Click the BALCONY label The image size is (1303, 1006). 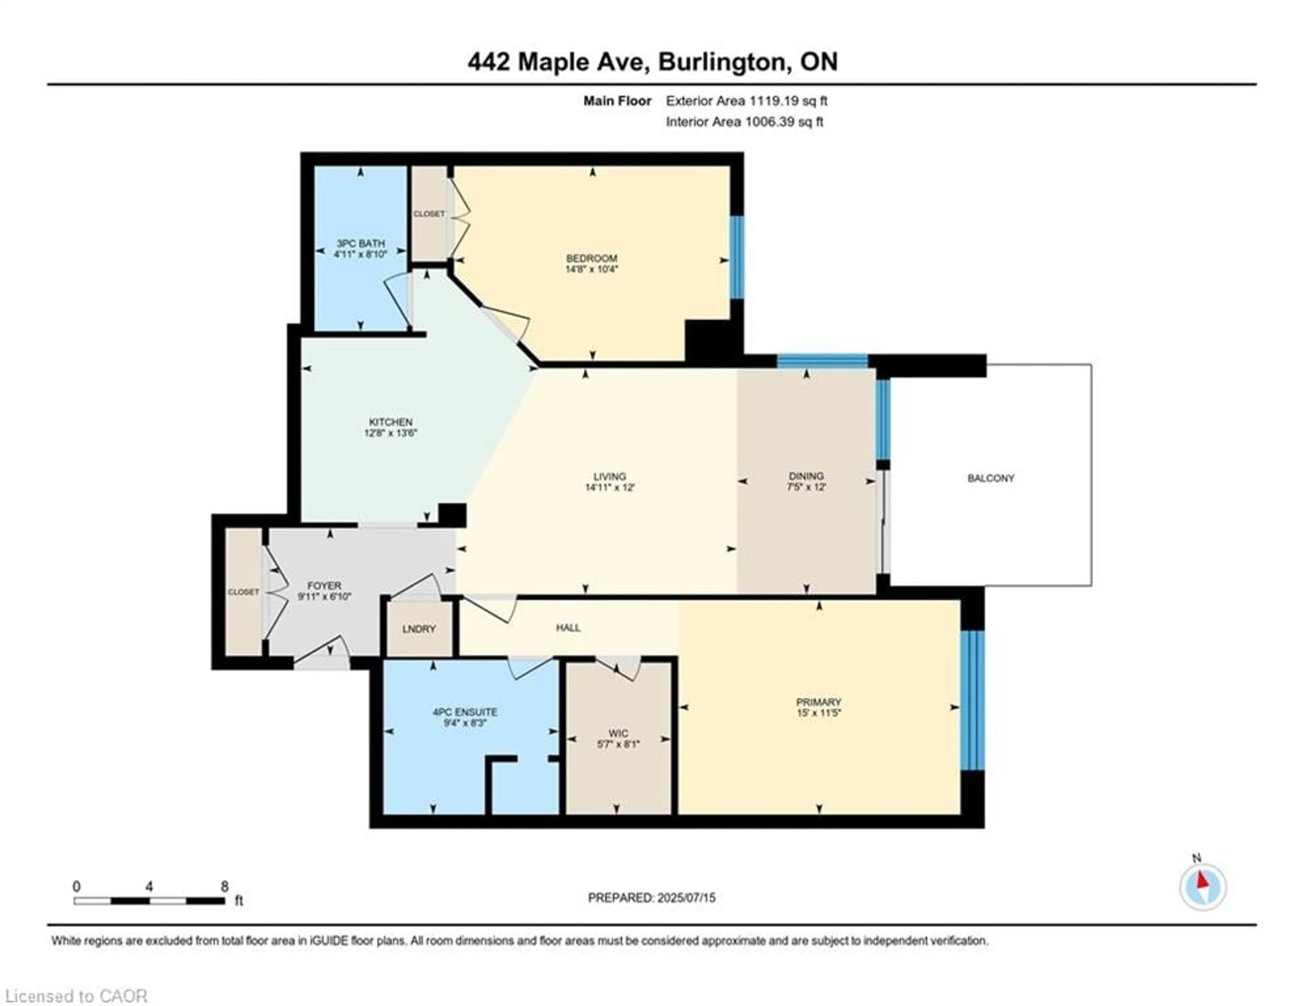[990, 478]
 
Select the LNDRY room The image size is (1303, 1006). [419, 629]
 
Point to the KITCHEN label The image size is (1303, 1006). [390, 422]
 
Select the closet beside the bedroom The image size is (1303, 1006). [429, 213]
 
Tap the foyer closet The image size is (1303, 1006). [243, 592]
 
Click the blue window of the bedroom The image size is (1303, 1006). [737, 257]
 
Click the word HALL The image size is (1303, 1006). [568, 628]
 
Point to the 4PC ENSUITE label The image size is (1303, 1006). [465, 712]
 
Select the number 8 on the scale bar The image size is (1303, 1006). [224, 887]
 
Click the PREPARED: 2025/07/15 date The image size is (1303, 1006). [651, 897]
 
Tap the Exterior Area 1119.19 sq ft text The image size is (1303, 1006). [747, 101]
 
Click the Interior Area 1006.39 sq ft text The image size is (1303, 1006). [744, 122]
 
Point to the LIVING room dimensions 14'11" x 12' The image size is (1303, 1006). [610, 487]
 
